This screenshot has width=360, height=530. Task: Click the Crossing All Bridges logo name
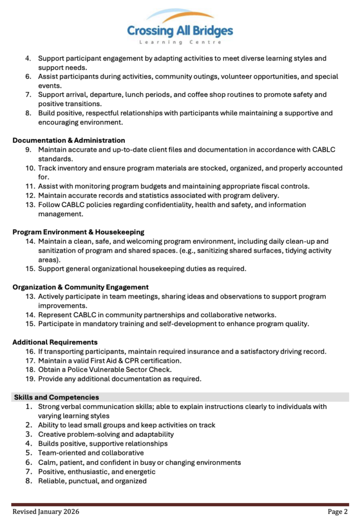180,31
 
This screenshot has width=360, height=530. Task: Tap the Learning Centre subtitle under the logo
180,42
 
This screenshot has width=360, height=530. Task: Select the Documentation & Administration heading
68,140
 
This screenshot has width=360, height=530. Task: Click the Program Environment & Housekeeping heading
78,232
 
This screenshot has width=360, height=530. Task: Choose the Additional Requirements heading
55,342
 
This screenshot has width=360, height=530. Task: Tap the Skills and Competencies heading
56,397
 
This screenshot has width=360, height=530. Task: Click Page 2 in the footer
338,512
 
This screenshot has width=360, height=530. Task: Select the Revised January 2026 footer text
46,512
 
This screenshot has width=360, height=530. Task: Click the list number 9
29,150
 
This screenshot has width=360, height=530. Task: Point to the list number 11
30,186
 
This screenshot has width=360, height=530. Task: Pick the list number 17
30,360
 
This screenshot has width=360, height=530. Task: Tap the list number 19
30,379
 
